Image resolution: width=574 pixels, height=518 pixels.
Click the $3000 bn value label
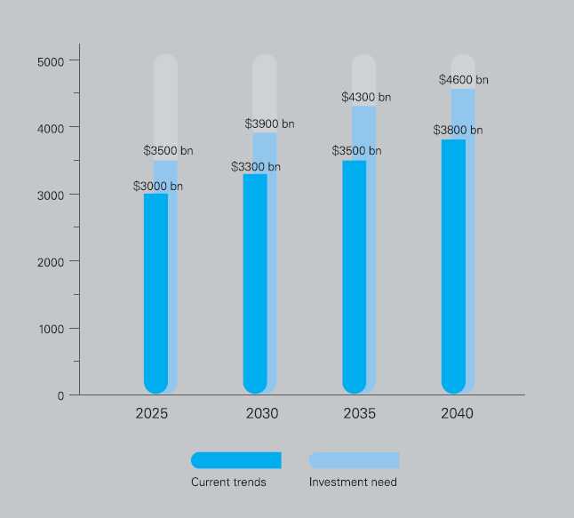[x=158, y=186]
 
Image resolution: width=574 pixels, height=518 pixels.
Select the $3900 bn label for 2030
[x=269, y=124]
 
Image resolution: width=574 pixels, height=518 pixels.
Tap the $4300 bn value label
[x=366, y=97]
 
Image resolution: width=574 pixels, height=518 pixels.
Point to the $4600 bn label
[x=464, y=79]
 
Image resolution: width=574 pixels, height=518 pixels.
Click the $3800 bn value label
[x=458, y=130]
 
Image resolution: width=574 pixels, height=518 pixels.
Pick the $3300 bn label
[x=256, y=167]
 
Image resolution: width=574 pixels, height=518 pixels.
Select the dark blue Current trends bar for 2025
[x=156, y=293]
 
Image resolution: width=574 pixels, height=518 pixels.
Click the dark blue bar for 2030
[x=255, y=283]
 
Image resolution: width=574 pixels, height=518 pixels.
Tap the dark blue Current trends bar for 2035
[x=355, y=277]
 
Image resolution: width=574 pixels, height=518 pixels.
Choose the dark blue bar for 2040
[x=453, y=267]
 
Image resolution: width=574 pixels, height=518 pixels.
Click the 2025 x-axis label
[x=152, y=414]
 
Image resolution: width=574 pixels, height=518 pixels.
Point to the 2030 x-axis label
[x=262, y=414]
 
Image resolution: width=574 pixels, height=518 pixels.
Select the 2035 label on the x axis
[x=360, y=414]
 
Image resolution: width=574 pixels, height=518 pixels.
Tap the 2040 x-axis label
[x=458, y=414]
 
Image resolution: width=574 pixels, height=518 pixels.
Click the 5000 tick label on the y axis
[x=51, y=62]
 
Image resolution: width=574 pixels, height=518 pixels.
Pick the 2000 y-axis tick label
[x=51, y=262]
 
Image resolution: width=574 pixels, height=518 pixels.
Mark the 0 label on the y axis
[x=60, y=395]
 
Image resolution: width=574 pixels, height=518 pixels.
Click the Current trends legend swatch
[x=236, y=460]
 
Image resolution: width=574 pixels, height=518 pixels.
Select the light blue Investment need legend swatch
[x=354, y=460]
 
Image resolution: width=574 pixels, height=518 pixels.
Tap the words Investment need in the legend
[x=353, y=482]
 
